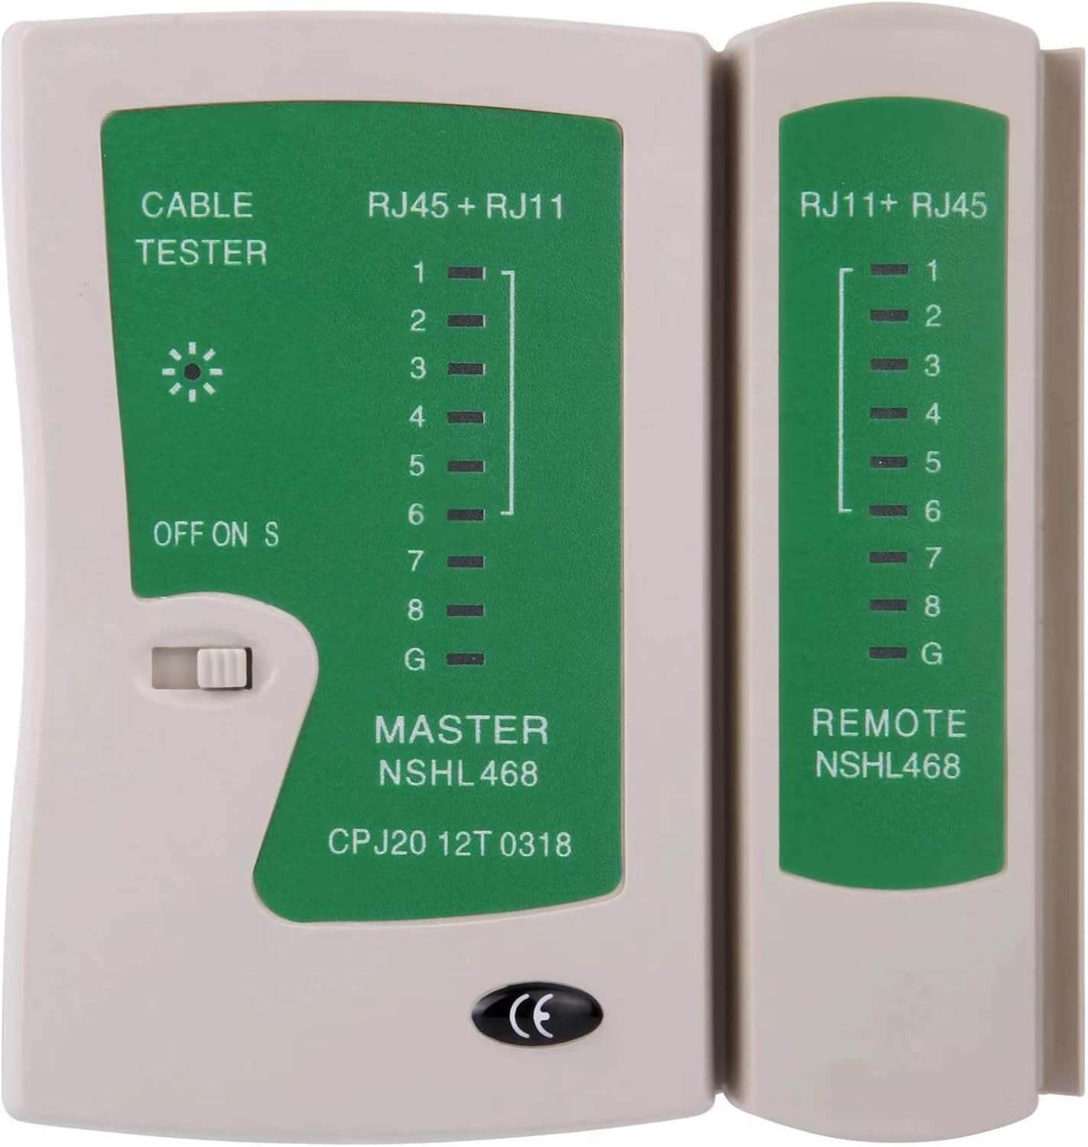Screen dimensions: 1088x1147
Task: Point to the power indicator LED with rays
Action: (192, 372)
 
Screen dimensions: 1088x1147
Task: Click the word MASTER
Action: (462, 729)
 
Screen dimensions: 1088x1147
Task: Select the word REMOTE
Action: (888, 723)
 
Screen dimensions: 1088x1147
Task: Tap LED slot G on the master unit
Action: (466, 659)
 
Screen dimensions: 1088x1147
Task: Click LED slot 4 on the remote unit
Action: (889, 413)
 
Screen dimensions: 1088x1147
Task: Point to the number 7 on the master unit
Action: (416, 561)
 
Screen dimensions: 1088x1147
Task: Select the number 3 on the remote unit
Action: (932, 366)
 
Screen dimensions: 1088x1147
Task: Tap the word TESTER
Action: (202, 252)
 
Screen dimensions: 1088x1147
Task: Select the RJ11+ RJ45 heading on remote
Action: (893, 206)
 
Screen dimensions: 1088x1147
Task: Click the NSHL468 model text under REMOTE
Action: (888, 765)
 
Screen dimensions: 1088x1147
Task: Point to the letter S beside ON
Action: (271, 535)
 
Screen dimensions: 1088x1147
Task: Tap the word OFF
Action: (177, 535)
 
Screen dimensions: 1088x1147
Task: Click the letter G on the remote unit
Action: (932, 654)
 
